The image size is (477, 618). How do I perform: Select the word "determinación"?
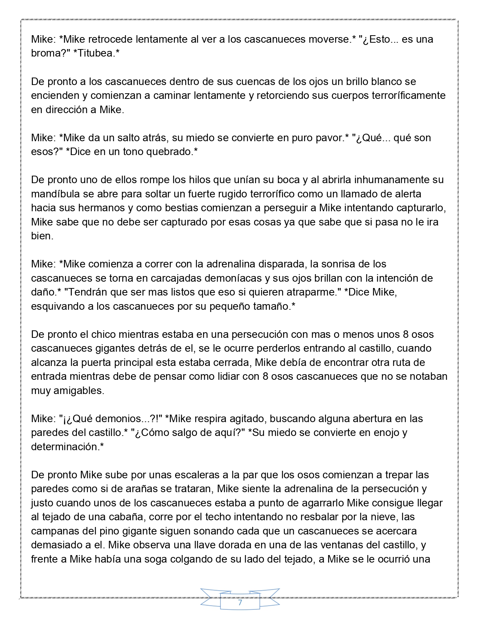[x=66, y=447]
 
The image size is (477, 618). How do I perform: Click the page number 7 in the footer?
[x=240, y=603]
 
